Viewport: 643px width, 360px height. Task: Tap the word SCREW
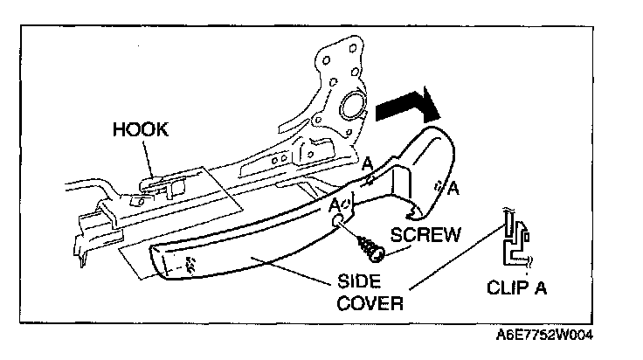click(427, 235)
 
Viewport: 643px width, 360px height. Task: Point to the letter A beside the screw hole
click(334, 204)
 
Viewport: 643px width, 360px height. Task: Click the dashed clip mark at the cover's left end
click(190, 261)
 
